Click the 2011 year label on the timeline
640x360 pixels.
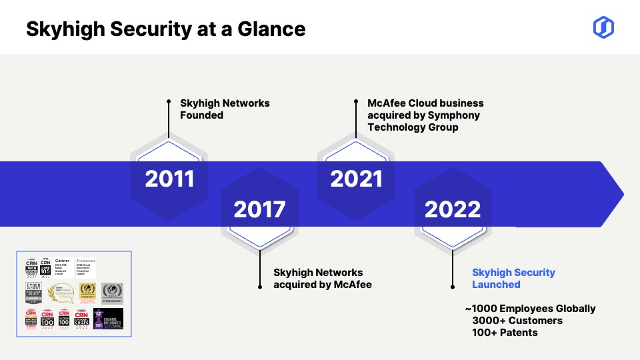click(x=169, y=179)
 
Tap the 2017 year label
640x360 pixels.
click(x=259, y=209)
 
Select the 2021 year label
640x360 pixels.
click(x=356, y=179)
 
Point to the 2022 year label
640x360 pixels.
click(x=453, y=209)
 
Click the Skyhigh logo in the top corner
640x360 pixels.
click(x=603, y=27)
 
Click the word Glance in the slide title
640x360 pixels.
click(x=273, y=29)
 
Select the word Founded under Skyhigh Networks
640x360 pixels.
click(x=201, y=115)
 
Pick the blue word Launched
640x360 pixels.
click(x=496, y=285)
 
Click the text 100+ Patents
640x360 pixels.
click(x=505, y=332)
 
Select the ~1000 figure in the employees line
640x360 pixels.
click(x=482, y=309)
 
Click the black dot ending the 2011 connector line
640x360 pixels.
click(x=169, y=102)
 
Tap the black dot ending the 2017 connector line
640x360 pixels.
click(x=260, y=286)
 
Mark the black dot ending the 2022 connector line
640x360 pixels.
click(x=453, y=286)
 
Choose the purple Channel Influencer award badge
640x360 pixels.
click(x=108, y=319)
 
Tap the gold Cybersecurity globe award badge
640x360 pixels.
click(x=87, y=292)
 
